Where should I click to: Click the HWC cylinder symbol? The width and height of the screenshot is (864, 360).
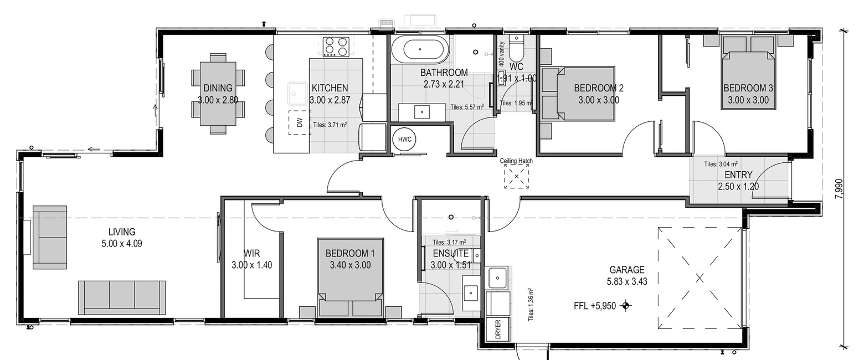tap(405, 140)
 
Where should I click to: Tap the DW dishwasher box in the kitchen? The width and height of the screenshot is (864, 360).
tap(300, 123)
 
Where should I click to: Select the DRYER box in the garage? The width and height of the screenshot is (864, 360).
tap(497, 330)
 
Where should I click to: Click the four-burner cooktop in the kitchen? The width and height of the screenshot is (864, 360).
tap(336, 47)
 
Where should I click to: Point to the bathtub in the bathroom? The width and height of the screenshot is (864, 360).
tap(420, 50)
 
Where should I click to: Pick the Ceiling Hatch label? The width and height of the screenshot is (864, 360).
tap(516, 161)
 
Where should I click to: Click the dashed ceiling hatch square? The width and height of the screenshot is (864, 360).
tap(517, 176)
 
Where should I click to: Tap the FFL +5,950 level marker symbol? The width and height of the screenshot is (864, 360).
tap(626, 306)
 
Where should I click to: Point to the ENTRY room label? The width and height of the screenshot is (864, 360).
tap(738, 175)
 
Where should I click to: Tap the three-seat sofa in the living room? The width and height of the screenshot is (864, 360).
tap(122, 297)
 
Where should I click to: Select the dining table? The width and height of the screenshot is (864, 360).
tap(218, 94)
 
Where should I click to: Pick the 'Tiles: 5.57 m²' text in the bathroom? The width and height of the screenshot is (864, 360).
tap(467, 106)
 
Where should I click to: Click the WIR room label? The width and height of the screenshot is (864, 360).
tap(252, 254)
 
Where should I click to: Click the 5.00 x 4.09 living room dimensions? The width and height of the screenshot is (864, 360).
tap(122, 244)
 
